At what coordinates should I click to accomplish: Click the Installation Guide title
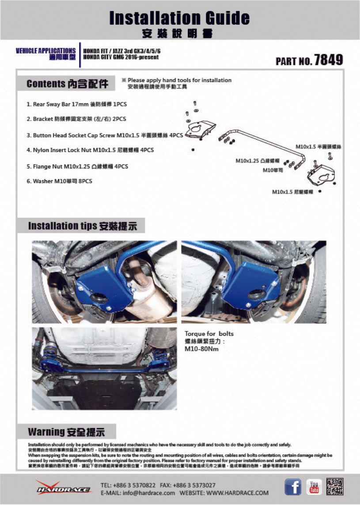(179, 18)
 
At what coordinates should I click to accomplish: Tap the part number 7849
(328, 60)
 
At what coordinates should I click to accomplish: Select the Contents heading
(67, 84)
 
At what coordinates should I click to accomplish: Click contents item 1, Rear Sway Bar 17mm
(73, 105)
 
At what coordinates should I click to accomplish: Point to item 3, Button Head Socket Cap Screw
(105, 136)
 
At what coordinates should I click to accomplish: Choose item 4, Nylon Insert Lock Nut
(90, 150)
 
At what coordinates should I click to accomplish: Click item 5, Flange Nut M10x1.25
(80, 167)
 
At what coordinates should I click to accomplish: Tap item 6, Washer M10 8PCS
(59, 181)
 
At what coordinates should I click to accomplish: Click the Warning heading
(66, 432)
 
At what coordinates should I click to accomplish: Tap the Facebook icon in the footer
(292, 487)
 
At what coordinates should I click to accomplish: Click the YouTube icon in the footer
(314, 487)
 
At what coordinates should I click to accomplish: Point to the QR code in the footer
(335, 487)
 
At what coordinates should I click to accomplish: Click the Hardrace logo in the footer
(63, 488)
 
